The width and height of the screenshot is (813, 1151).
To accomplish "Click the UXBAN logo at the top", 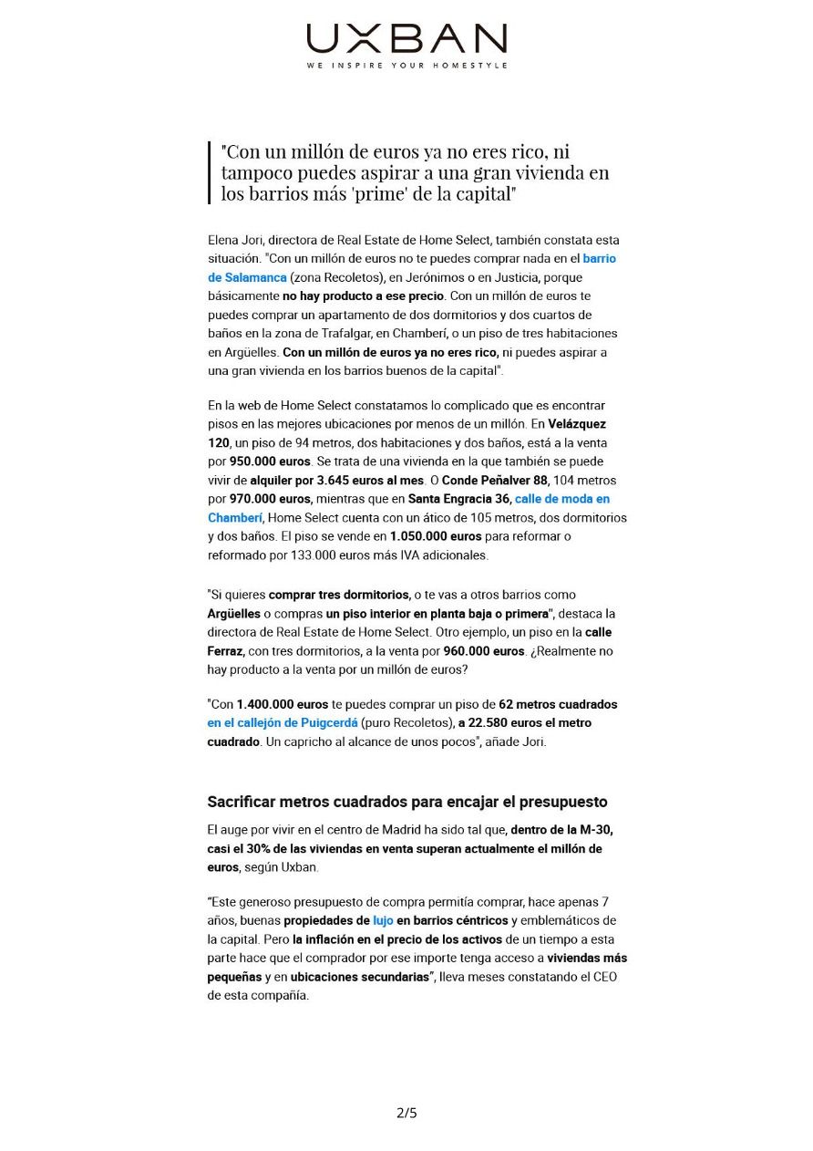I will click(x=406, y=38).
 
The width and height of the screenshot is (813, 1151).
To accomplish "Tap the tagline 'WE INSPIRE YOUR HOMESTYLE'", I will click(x=406, y=66).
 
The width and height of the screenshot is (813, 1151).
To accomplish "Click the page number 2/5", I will click(x=406, y=1113).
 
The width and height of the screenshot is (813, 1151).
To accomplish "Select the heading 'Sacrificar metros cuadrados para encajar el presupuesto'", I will click(x=406, y=803).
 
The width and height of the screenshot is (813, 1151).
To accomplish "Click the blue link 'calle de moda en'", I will click(x=562, y=499).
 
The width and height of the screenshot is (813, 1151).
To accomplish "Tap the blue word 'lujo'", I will click(x=383, y=921).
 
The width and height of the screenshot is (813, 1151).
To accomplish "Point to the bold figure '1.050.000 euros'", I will click(x=436, y=536).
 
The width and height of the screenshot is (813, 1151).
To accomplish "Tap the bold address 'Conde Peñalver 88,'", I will click(x=489, y=480).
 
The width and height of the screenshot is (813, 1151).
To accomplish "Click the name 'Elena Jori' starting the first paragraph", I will click(x=235, y=240).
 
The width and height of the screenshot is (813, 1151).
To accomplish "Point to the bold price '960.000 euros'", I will click(x=484, y=651).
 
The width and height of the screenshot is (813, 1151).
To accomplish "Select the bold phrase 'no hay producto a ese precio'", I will click(x=363, y=296).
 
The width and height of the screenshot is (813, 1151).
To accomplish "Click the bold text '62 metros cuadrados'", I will click(x=558, y=705).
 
